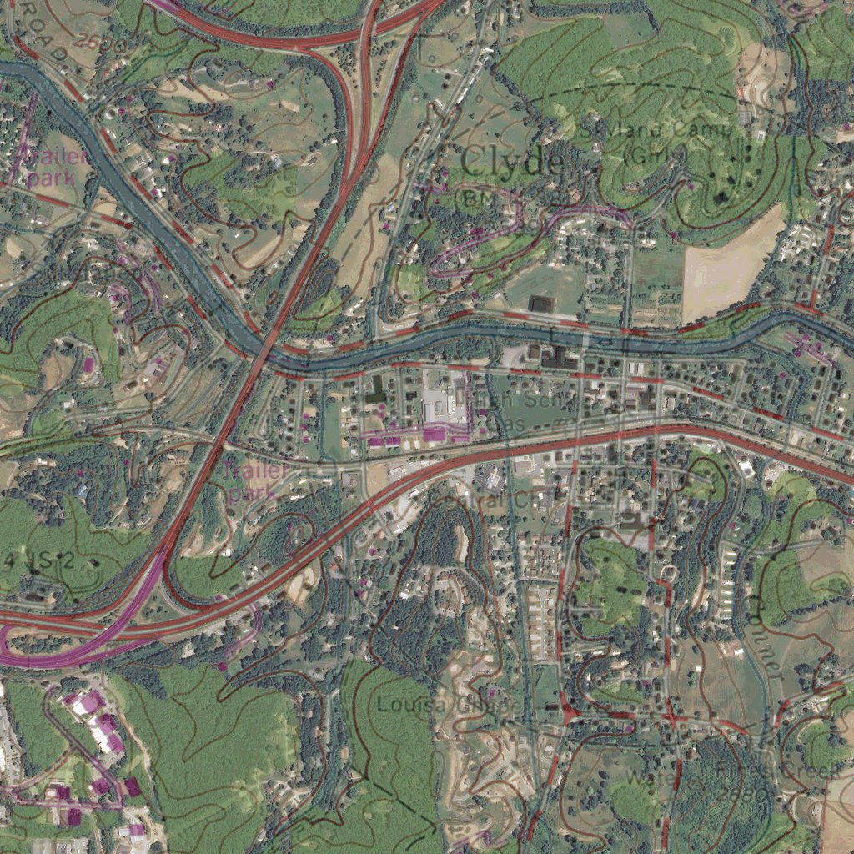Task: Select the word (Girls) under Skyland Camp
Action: click(x=656, y=155)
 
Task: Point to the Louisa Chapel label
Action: click(x=450, y=706)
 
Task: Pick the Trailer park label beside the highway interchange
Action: click(x=255, y=481)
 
